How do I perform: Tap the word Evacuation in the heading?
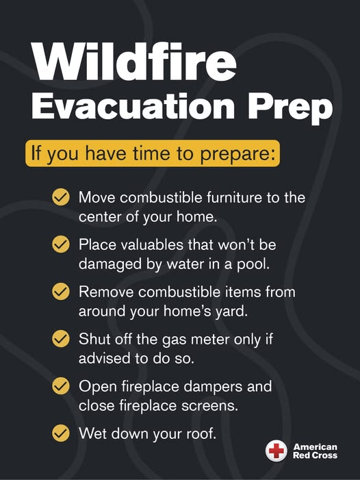[133, 105]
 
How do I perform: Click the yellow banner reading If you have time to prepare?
[153, 153]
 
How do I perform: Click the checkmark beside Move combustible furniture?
[60, 197]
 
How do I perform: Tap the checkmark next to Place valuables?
[60, 244]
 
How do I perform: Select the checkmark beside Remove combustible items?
[60, 292]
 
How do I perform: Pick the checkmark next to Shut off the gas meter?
[60, 339]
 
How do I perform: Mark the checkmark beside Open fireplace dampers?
[60, 386]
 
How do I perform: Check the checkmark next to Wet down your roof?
[60, 433]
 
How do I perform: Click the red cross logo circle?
[277, 451]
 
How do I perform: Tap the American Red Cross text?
[315, 451]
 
